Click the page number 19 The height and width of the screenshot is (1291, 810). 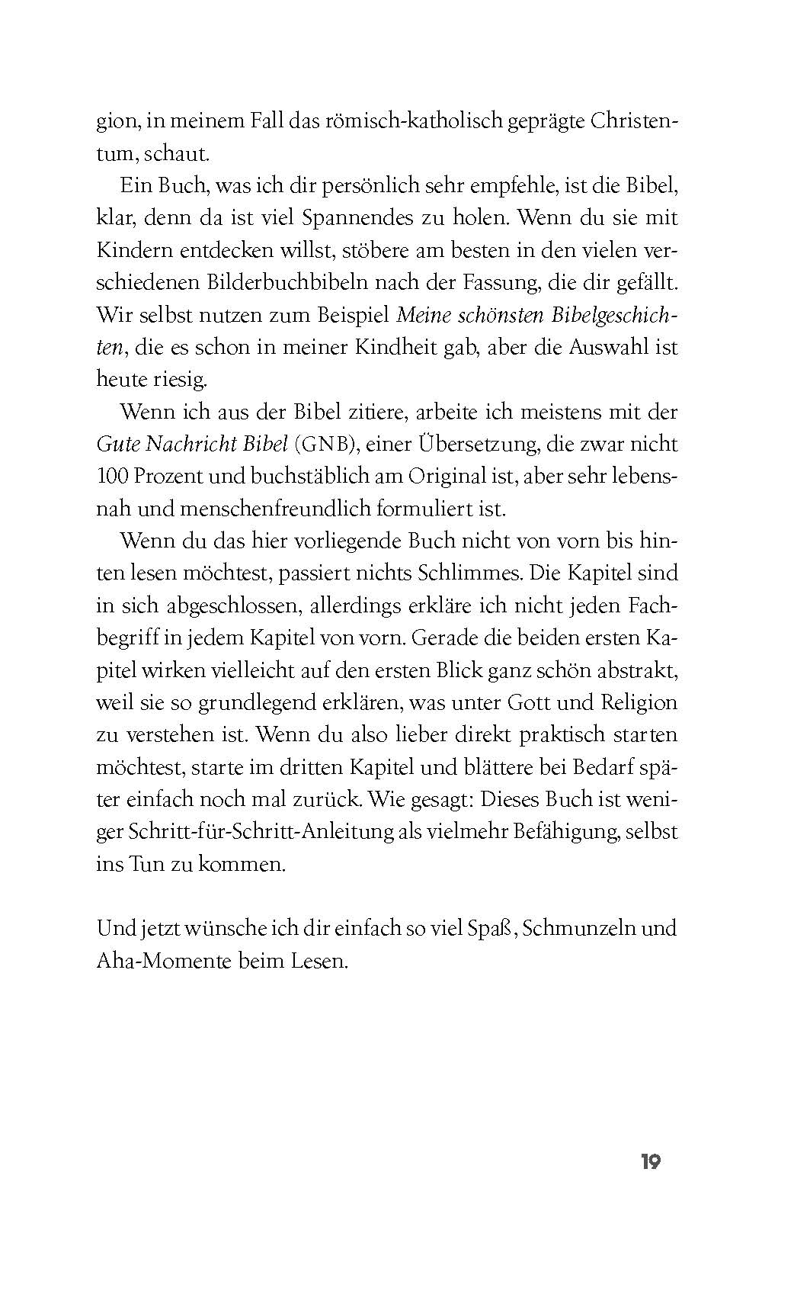click(650, 1162)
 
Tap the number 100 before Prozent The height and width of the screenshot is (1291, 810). click(113, 476)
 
